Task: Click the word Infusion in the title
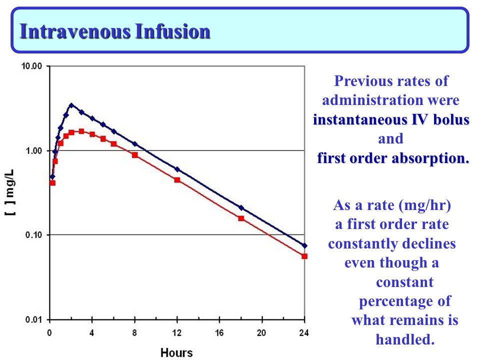pyautogui.click(x=172, y=31)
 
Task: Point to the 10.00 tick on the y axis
pyautogui.click(x=31, y=66)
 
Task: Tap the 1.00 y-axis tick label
pyautogui.click(x=33, y=150)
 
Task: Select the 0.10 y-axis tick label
pyautogui.click(x=33, y=235)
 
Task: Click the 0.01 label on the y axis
pyautogui.click(x=33, y=320)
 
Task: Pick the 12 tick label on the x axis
pyautogui.click(x=177, y=333)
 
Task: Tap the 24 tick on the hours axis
pyautogui.click(x=304, y=333)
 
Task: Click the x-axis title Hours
pyautogui.click(x=176, y=352)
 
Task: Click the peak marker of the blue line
pyautogui.click(x=71, y=105)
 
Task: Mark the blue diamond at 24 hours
pyautogui.click(x=304, y=245)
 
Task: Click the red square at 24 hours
pyautogui.click(x=304, y=256)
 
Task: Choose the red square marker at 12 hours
pyautogui.click(x=177, y=180)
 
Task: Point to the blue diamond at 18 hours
pyautogui.click(x=241, y=208)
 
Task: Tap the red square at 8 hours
pyautogui.click(x=134, y=155)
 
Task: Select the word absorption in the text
pyautogui.click(x=430, y=158)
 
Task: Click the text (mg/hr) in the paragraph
pyautogui.click(x=425, y=205)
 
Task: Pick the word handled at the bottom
pyautogui.click(x=405, y=339)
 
